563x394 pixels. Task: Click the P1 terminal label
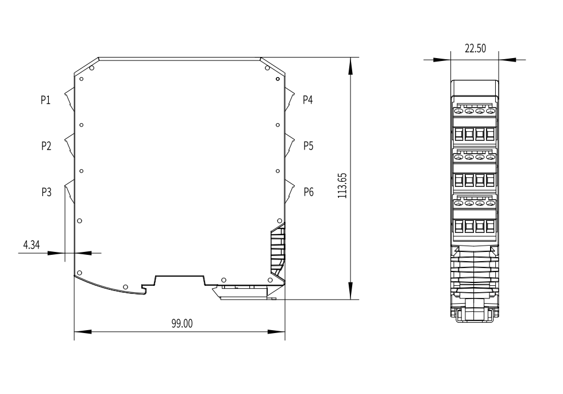(x=45, y=100)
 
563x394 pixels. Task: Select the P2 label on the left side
(x=47, y=146)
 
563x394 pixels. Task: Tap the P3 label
(x=47, y=192)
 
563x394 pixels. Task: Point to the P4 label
(x=308, y=100)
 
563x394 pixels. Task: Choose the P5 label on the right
(x=309, y=146)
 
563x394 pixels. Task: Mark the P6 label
(x=309, y=192)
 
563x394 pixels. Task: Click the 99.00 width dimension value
(x=182, y=323)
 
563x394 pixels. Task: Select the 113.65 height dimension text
(x=342, y=185)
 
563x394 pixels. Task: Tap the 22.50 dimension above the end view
(x=476, y=48)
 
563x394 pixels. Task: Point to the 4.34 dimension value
(x=31, y=245)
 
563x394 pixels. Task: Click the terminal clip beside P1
(x=70, y=100)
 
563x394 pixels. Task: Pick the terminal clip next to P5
(x=290, y=146)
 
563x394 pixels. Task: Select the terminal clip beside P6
(x=290, y=192)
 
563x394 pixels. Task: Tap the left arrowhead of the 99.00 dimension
(x=83, y=332)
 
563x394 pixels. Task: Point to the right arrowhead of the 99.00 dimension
(x=276, y=332)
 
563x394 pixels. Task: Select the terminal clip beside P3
(x=70, y=192)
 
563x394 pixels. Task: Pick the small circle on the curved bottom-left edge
(x=125, y=287)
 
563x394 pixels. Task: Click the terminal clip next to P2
(x=70, y=146)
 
